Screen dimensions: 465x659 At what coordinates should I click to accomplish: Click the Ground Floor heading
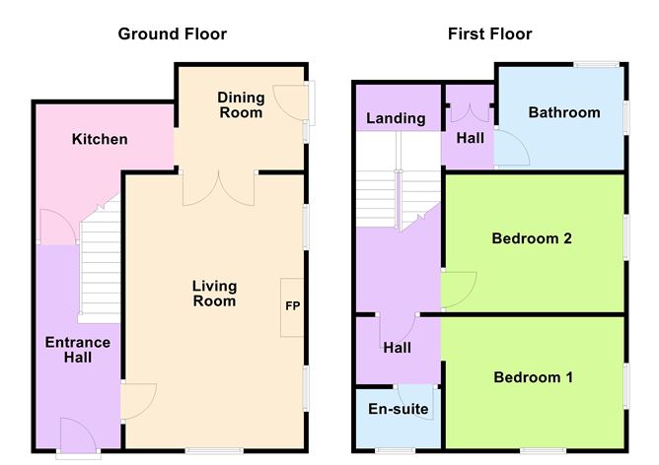pos(173,34)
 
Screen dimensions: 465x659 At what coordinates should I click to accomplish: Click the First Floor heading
pos(489,34)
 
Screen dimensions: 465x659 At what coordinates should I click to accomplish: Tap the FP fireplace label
pos(292,306)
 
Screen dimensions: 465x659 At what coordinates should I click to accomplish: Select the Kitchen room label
pos(100,139)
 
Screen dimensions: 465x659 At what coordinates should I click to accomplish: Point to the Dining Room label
pos(241,105)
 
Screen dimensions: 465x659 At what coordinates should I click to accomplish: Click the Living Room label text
pos(214,294)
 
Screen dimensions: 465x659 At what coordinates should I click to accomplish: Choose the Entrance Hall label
pos(78,350)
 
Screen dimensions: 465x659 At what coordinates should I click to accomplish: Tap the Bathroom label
pos(563,112)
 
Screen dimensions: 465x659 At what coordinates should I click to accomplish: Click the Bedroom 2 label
pos(533,238)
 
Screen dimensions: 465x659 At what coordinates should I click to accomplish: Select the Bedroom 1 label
pos(533,377)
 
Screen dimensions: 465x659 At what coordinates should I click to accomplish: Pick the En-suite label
pos(393,410)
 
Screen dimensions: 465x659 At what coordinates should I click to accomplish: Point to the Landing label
pos(396,118)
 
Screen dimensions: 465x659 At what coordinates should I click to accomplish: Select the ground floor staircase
pos(99,266)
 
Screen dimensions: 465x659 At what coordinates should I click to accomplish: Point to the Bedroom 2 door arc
pos(458,289)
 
